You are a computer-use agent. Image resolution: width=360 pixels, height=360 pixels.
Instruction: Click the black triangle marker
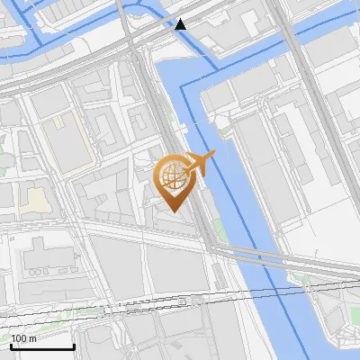[181, 23]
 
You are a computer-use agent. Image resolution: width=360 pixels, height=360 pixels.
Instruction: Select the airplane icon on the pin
[200, 165]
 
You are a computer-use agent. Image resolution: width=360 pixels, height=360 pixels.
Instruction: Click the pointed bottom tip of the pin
[172, 211]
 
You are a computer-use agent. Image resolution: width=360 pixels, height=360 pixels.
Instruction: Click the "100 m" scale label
[23, 338]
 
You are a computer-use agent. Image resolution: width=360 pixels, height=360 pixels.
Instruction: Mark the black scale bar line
[41, 347]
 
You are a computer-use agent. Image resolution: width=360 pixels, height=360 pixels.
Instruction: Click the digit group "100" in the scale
[19, 338]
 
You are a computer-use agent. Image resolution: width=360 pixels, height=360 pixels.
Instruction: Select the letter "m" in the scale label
[32, 338]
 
